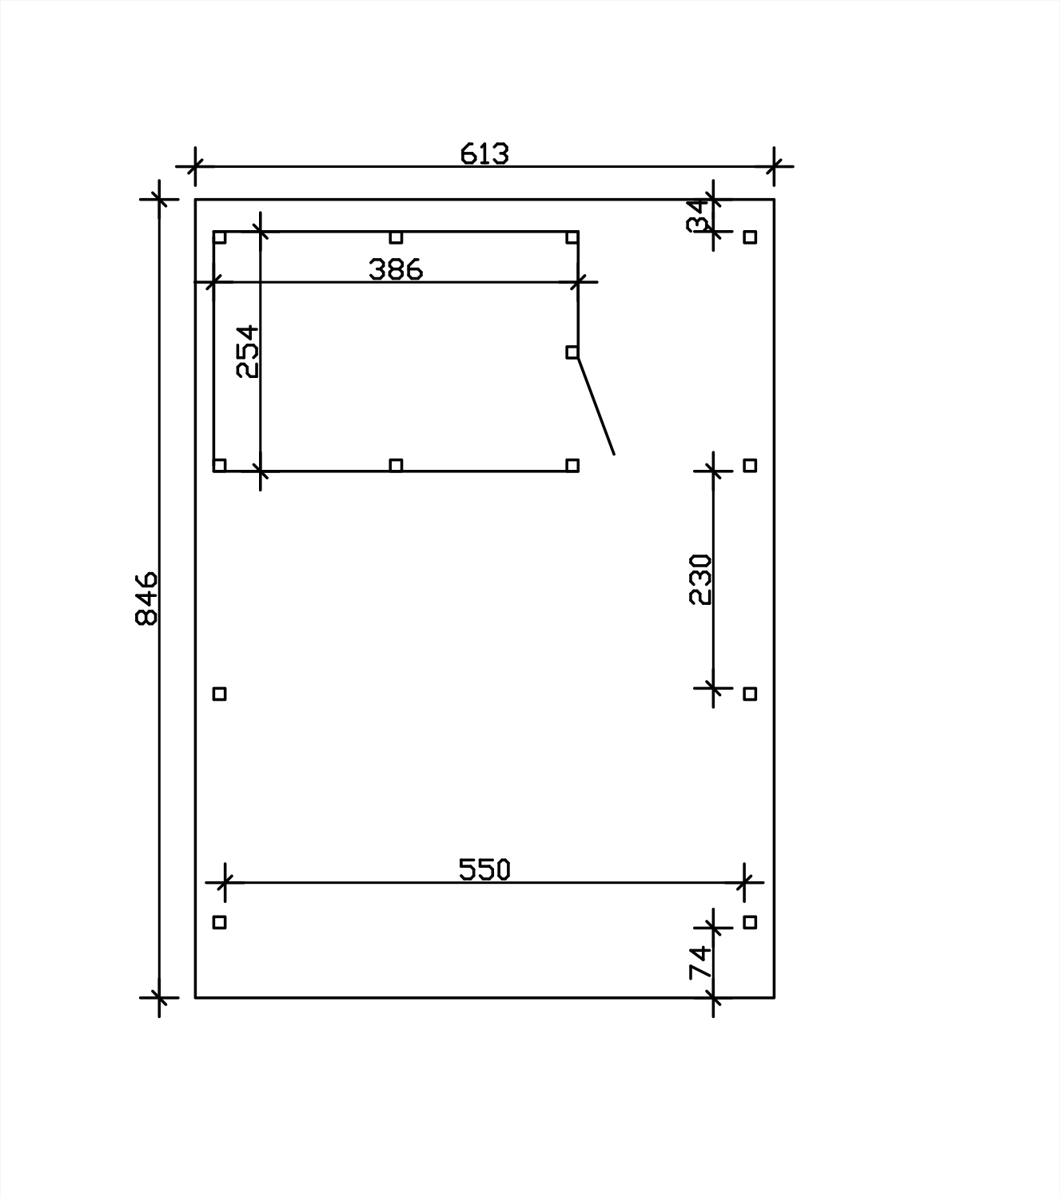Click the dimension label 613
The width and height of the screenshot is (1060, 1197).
[484, 153]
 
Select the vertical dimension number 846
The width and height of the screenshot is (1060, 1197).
[146, 598]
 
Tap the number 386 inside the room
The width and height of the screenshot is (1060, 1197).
[396, 269]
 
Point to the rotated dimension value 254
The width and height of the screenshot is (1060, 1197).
[247, 352]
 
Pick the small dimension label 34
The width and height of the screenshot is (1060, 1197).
[698, 216]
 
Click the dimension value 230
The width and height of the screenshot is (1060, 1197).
[700, 579]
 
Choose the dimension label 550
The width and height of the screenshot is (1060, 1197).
[484, 869]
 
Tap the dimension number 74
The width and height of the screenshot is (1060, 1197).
[700, 962]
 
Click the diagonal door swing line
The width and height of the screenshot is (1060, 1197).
[596, 406]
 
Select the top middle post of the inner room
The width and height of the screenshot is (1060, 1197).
[396, 237]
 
